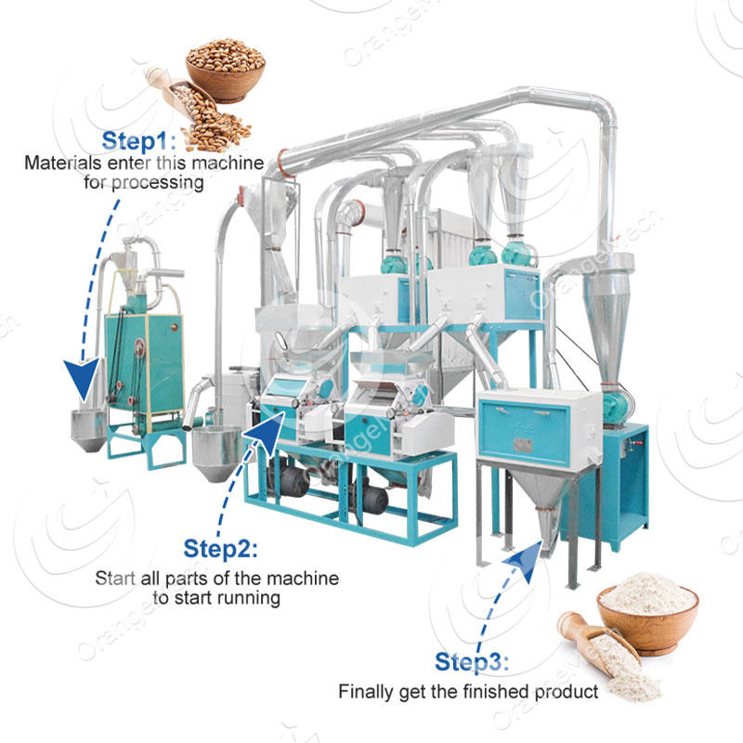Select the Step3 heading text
473,662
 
